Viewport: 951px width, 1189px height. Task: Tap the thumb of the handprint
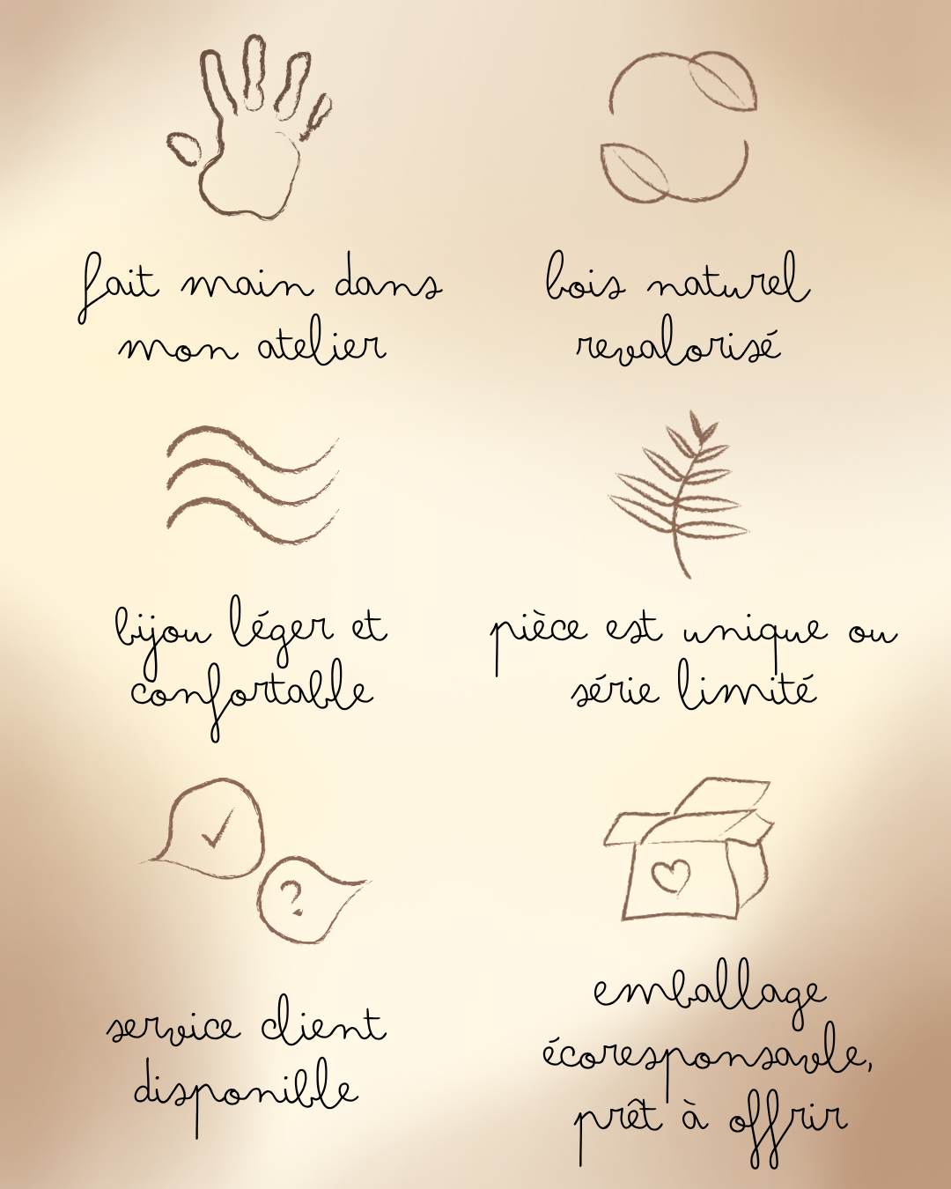click(x=185, y=148)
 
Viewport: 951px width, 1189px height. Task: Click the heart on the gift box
click(x=671, y=876)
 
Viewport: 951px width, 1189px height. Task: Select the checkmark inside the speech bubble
click(x=217, y=828)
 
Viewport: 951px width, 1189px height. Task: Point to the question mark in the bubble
click(x=291, y=898)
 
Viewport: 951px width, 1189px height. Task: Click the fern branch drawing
click(x=679, y=493)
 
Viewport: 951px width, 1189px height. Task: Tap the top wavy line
click(x=253, y=447)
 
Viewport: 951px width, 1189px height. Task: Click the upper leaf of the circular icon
click(x=722, y=81)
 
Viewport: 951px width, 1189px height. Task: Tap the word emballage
click(x=710, y=994)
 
